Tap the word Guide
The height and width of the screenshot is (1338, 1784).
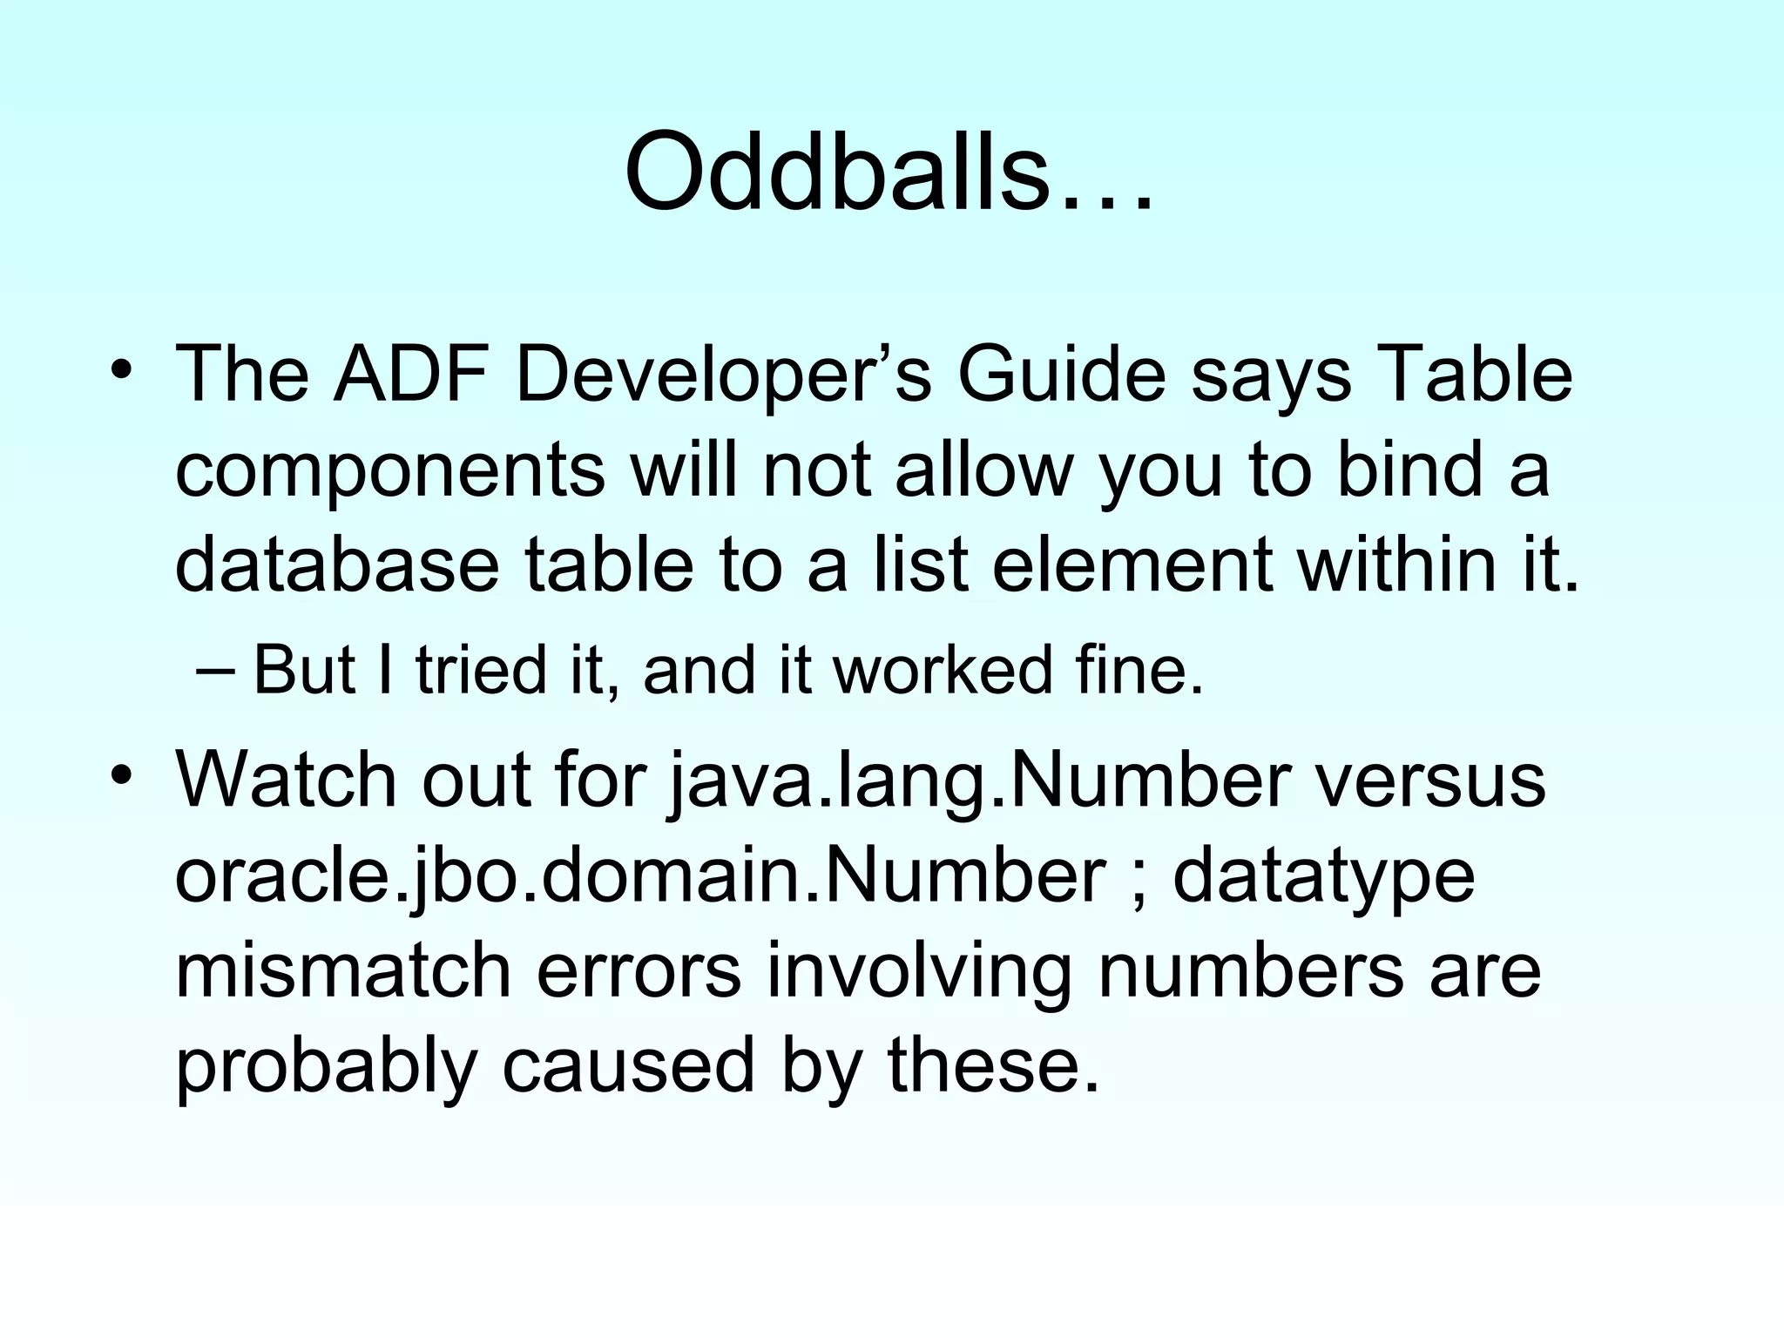tap(1062, 375)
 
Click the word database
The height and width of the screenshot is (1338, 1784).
tap(337, 565)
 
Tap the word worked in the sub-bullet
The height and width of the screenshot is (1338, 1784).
tap(943, 671)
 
